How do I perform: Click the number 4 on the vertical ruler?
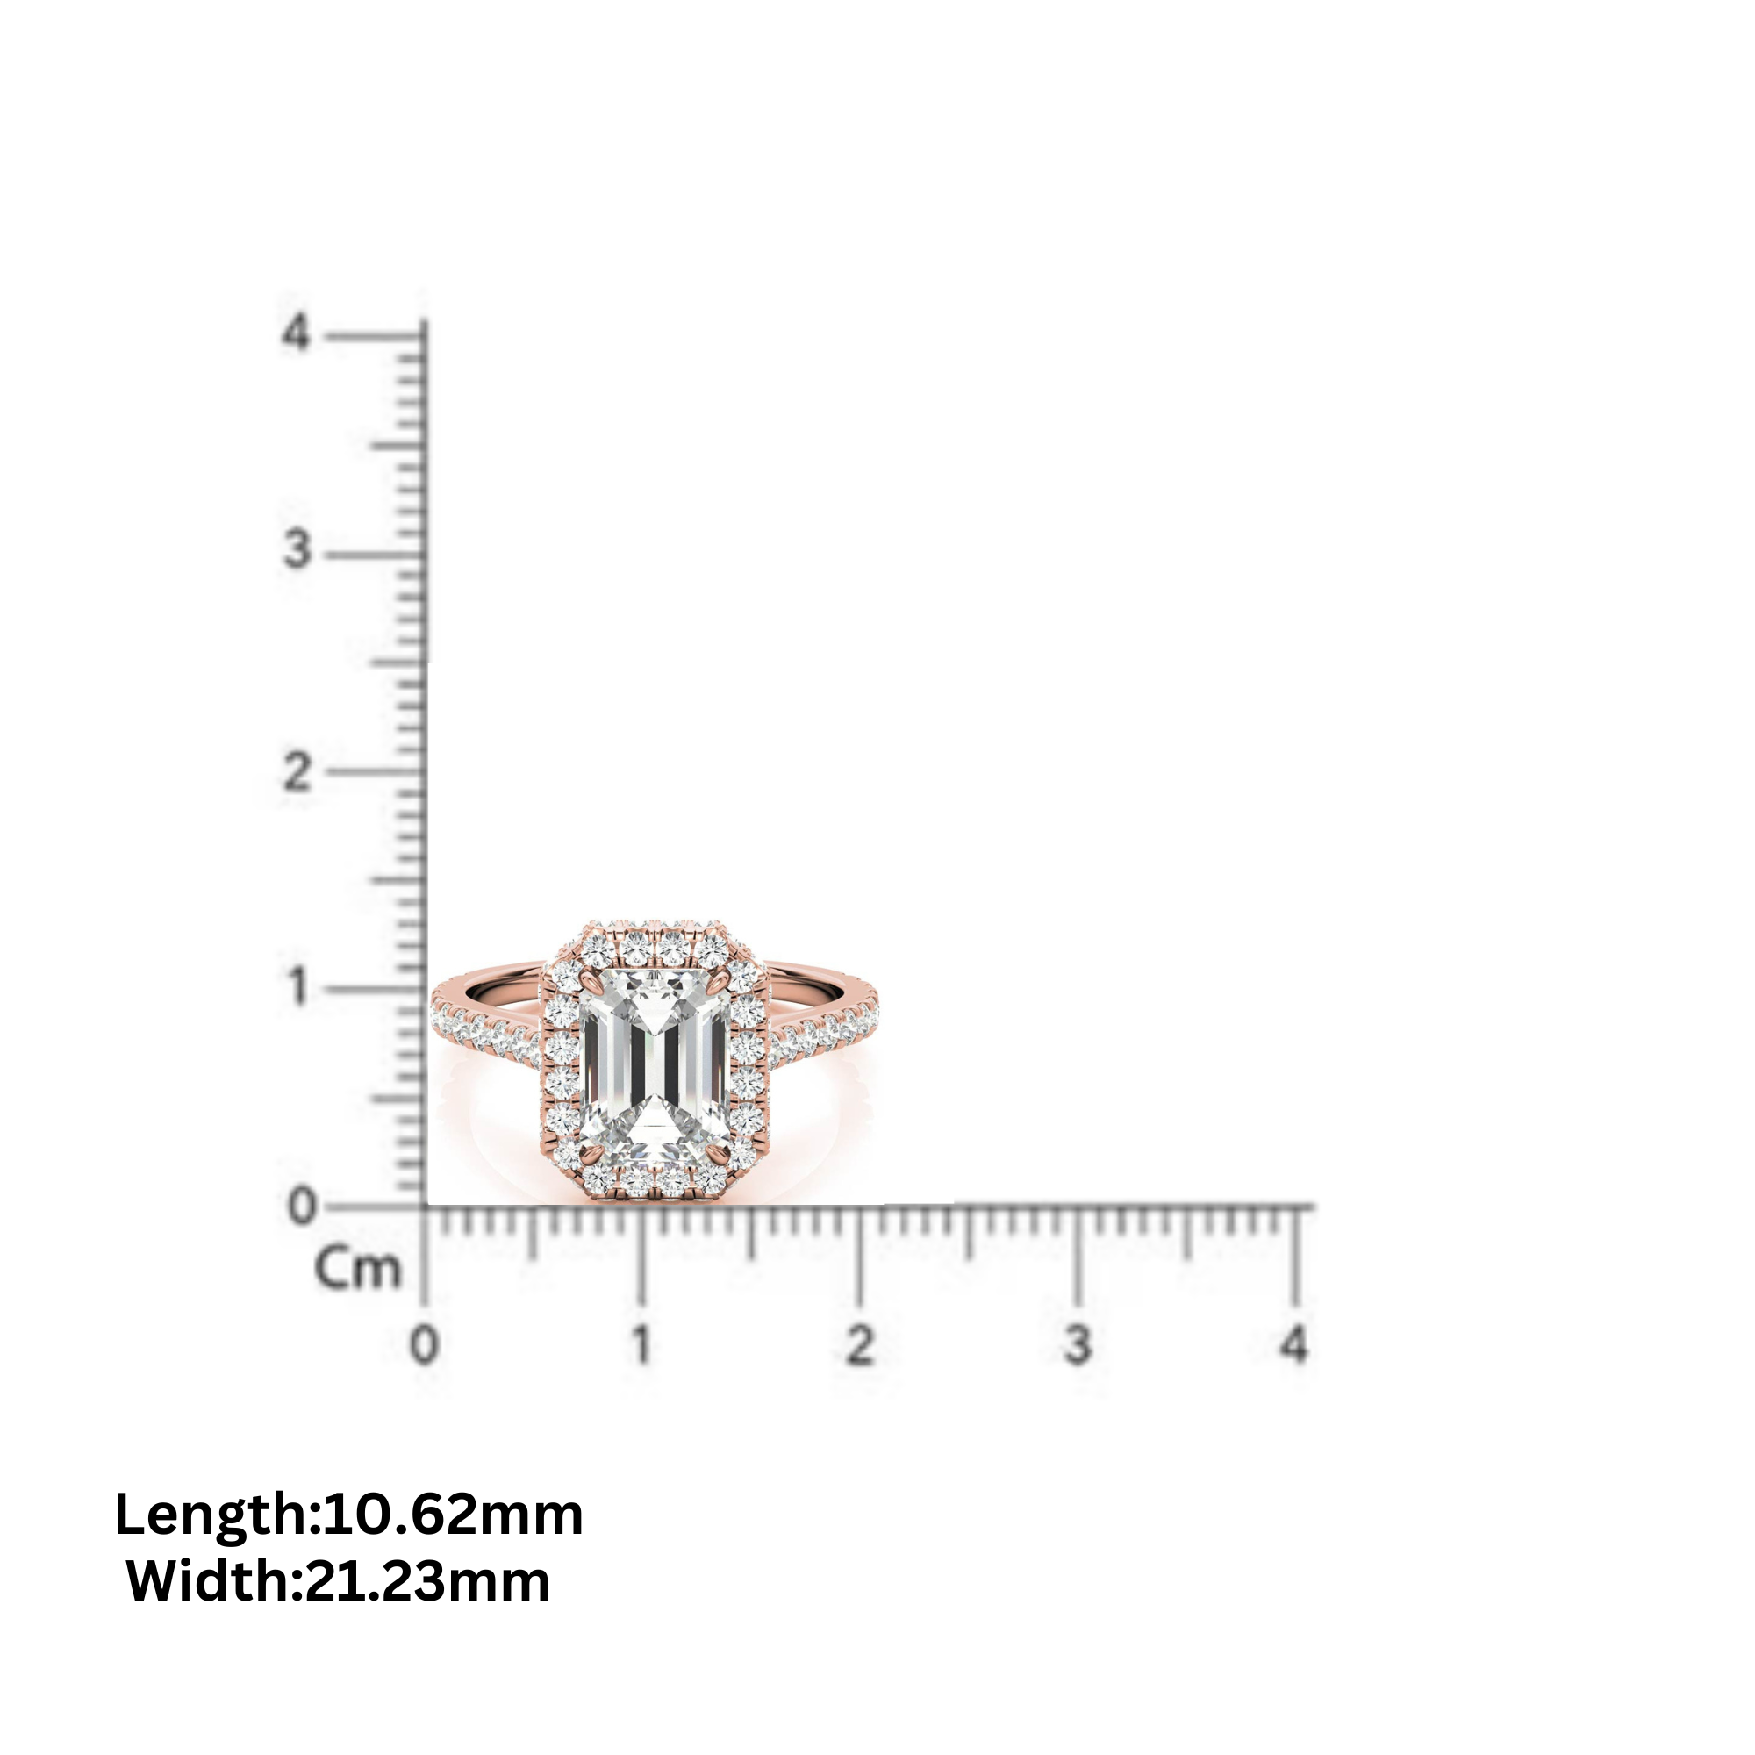point(295,333)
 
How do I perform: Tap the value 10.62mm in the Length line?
point(453,1516)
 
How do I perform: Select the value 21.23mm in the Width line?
point(427,1581)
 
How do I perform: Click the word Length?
point(211,1516)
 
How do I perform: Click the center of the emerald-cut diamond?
point(655,1069)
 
